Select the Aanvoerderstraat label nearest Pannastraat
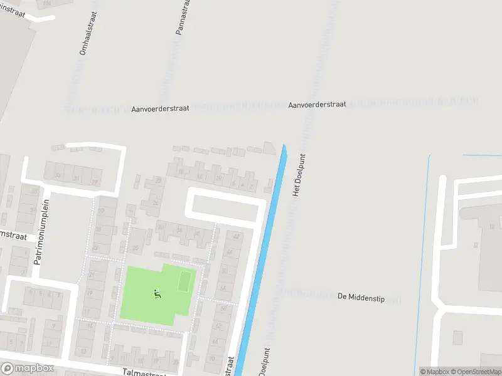160,109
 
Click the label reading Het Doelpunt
299,175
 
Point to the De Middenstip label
360,296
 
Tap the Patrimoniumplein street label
41,232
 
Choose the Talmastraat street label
144,372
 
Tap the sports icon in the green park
156,293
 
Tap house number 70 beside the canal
212,359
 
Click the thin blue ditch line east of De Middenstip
427,251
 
